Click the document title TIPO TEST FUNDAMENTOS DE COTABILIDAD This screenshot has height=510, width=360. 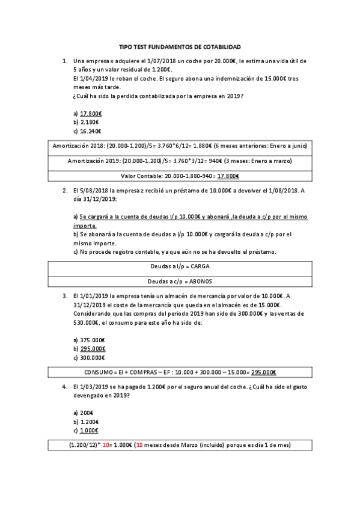coord(180,46)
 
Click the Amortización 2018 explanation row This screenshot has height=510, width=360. coord(180,146)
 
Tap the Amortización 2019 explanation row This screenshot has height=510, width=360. coord(180,161)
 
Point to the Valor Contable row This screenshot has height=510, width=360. coord(180,176)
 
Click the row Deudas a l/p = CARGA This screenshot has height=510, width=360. coord(180,266)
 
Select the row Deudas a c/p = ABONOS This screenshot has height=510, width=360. coord(180,281)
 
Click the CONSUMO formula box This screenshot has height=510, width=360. coord(180,372)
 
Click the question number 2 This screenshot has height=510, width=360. coord(65,191)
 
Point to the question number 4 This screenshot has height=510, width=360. coord(65,387)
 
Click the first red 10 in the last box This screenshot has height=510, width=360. coord(106,445)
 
